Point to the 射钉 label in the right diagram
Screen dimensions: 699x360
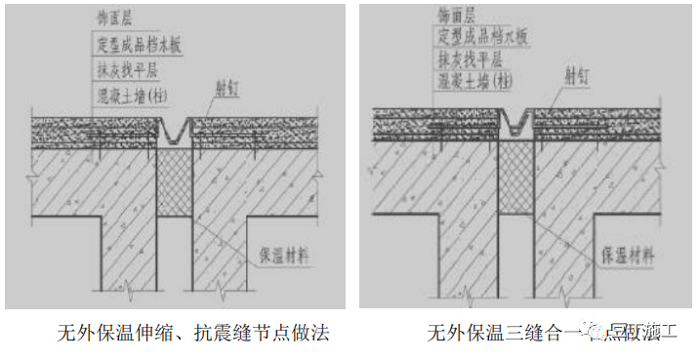click(x=578, y=71)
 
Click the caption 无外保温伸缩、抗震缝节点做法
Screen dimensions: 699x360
click(x=192, y=334)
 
